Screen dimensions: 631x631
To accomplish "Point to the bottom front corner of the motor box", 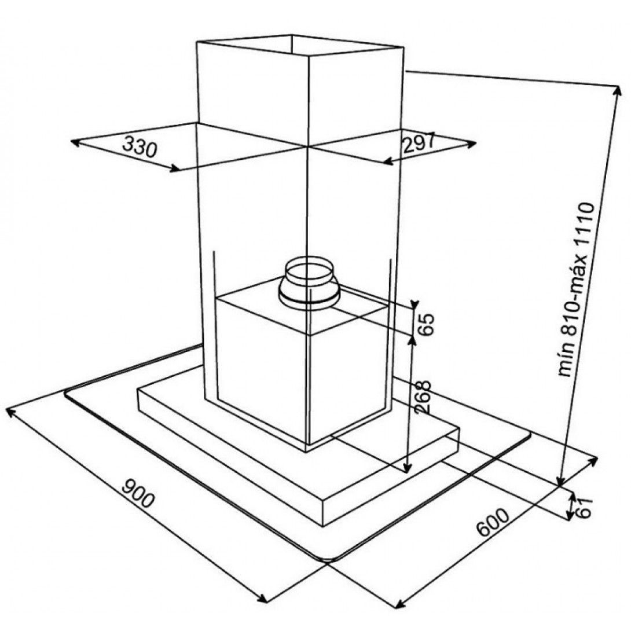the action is tap(307, 444).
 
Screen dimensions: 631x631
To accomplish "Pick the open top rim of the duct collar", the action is tap(309, 268).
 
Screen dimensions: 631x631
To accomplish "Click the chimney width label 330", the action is tap(140, 146).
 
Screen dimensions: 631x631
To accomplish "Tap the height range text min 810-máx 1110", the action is tap(576, 290).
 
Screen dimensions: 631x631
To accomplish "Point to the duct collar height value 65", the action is tap(426, 324).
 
